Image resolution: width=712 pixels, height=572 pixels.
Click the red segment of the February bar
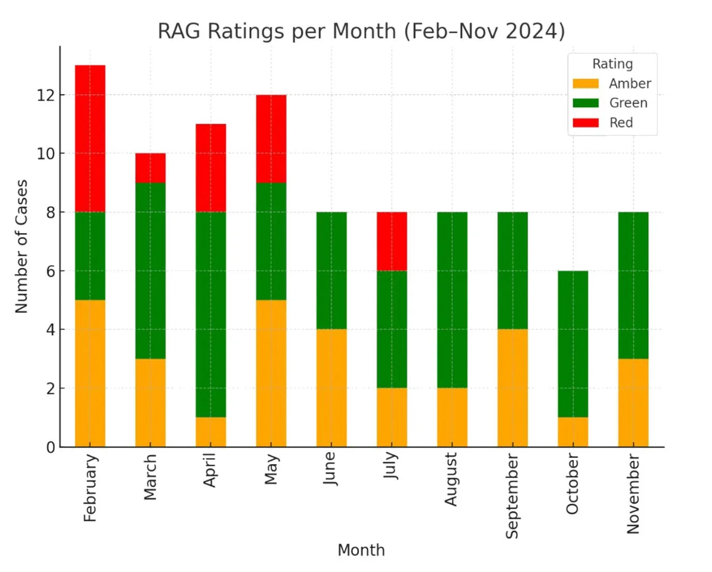click(x=90, y=138)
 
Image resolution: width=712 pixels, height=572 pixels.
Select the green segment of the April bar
click(x=211, y=314)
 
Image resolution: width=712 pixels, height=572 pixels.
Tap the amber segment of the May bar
click(x=271, y=373)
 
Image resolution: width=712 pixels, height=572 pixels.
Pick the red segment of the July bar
click(x=392, y=241)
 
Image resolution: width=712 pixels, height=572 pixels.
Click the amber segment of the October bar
click(x=573, y=432)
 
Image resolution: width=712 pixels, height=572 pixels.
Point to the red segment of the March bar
click(x=150, y=168)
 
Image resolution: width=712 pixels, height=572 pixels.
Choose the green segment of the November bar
click(x=633, y=285)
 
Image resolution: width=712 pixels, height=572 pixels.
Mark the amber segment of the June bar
click(x=332, y=388)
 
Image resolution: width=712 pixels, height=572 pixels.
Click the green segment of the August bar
click(x=452, y=300)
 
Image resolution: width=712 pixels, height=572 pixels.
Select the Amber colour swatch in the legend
click(x=586, y=84)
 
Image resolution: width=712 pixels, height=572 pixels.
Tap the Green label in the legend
click(x=628, y=103)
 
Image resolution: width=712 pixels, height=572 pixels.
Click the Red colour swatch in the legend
click(x=586, y=123)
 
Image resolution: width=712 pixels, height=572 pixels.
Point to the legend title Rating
click(x=613, y=64)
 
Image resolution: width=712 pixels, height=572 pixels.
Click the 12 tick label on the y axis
click(x=46, y=95)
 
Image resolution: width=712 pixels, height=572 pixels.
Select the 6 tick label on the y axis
click(x=50, y=271)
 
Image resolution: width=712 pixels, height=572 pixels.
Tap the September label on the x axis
click(x=512, y=496)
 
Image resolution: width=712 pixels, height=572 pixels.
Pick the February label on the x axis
click(x=90, y=488)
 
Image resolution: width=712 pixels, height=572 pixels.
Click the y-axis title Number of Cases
click(x=21, y=247)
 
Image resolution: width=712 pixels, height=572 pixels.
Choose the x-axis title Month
click(x=361, y=550)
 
